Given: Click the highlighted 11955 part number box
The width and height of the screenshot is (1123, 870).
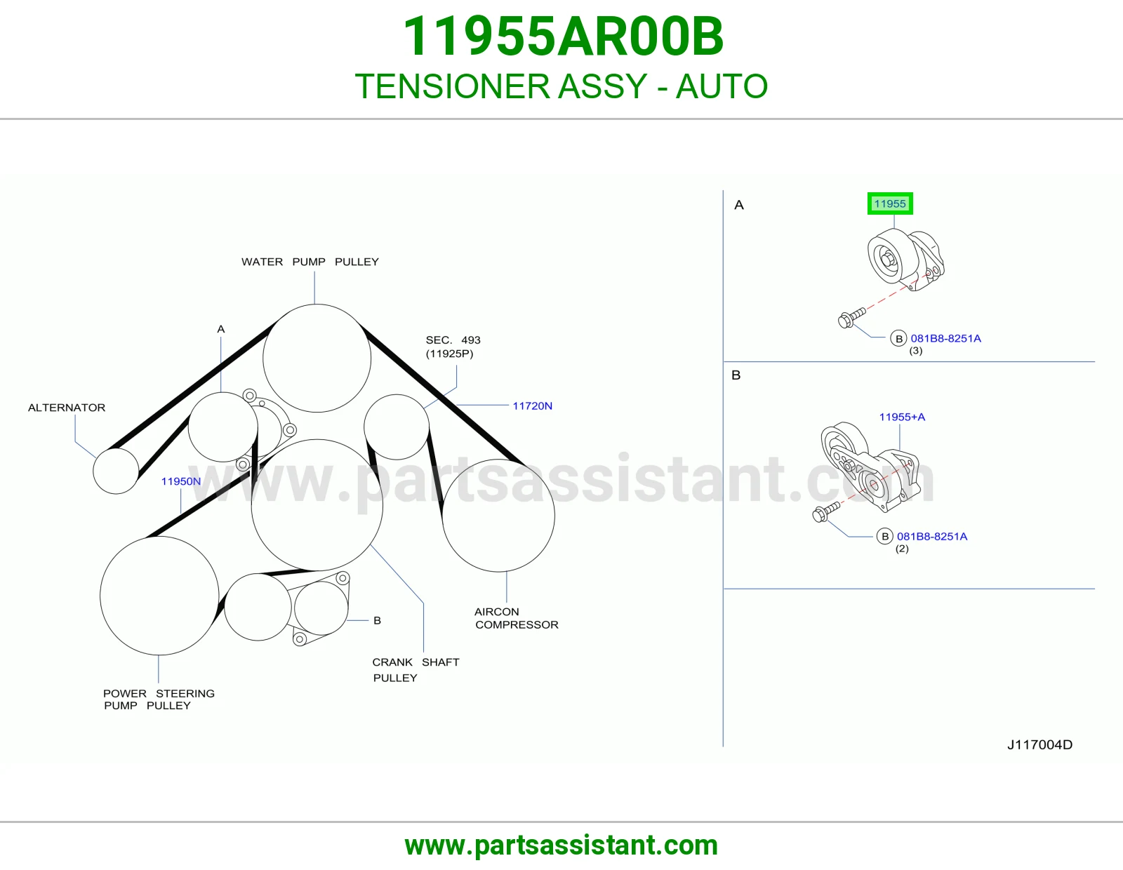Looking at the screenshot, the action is pos(889,203).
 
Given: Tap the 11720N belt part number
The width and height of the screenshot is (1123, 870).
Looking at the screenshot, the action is pos(532,406).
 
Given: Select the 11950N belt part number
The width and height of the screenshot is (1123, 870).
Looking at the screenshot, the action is pos(181,481).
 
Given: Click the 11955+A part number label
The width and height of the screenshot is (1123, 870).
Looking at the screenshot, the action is pos(902,417).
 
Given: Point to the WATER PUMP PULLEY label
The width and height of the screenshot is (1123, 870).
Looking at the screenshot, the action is pos(310,262).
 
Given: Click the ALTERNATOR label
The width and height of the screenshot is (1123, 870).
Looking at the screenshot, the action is pos(67,408).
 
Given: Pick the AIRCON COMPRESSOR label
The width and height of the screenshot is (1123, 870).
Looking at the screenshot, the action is pos(517,618).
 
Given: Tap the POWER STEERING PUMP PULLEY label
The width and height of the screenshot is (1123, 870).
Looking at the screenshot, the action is pos(159,700).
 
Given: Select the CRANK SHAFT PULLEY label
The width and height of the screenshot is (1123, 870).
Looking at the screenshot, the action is pos(416,669).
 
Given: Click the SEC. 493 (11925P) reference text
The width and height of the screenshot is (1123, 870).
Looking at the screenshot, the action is pos(453,347).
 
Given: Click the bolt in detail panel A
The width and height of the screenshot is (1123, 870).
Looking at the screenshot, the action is pos(851,317).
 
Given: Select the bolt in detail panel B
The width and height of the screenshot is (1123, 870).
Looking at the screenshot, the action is pos(826,512).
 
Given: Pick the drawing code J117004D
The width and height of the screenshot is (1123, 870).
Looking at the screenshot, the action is pos(1039,744).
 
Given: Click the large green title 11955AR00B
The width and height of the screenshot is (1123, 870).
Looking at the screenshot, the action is pos(563,36).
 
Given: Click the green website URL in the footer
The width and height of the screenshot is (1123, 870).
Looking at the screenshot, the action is pos(561,845).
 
